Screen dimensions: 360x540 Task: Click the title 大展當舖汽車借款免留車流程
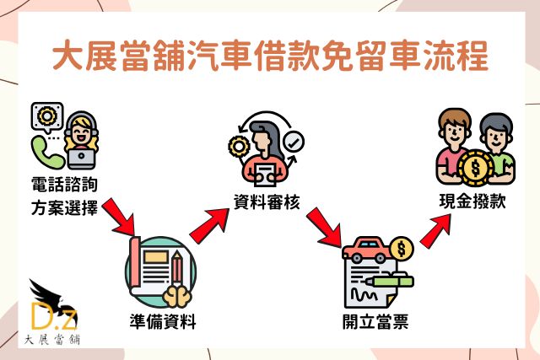click(x=270, y=60)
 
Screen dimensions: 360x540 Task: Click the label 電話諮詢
click(x=64, y=183)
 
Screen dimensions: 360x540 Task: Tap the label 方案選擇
click(x=64, y=206)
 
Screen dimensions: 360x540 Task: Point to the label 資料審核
click(x=267, y=201)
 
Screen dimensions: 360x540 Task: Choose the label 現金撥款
click(x=472, y=201)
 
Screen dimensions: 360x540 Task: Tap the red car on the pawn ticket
click(x=368, y=250)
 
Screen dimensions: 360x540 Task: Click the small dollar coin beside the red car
click(x=402, y=249)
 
